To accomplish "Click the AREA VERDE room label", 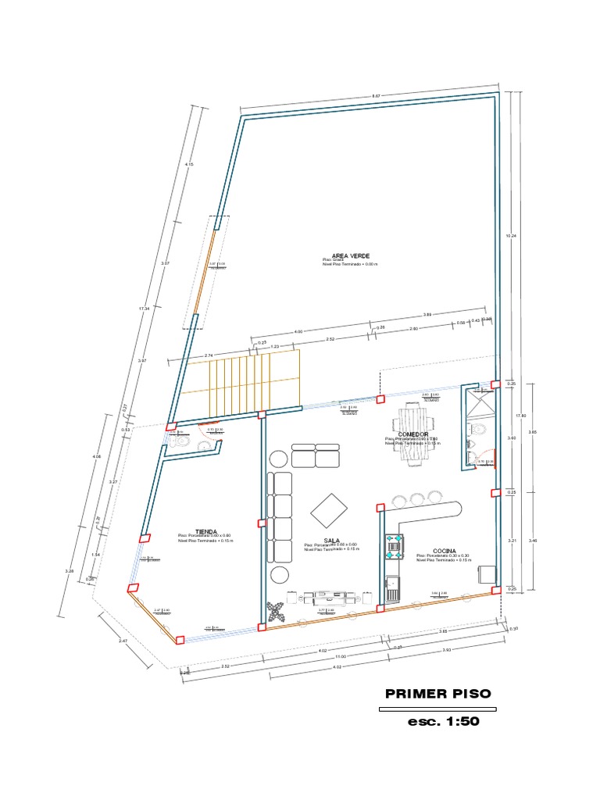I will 351,255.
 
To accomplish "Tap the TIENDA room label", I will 185,530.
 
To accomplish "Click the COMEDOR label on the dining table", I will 412,434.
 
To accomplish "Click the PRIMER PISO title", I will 438,694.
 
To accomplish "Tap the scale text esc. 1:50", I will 443,722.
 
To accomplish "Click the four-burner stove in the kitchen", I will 394,544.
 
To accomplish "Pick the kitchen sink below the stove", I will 392,588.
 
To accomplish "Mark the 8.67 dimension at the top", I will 376,96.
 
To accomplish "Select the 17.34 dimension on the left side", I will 143,309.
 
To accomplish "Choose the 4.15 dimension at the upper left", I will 188,164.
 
